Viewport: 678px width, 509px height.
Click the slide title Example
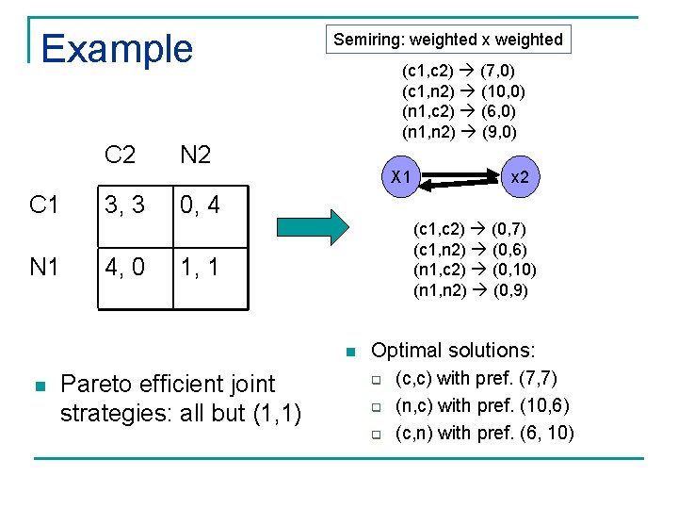pos(117,48)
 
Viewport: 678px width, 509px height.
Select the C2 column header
pos(120,155)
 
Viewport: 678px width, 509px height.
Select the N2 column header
pos(195,155)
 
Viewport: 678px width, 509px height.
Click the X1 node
pos(401,176)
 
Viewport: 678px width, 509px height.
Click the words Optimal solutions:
pos(453,351)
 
